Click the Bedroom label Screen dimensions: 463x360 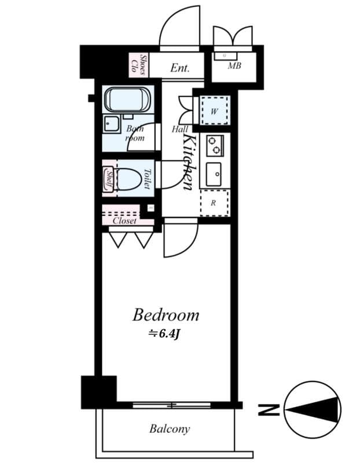(x=166, y=315)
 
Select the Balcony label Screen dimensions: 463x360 (x=169, y=429)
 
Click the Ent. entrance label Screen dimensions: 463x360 (x=179, y=68)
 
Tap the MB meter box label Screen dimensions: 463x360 (x=234, y=66)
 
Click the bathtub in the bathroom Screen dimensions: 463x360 (x=127, y=100)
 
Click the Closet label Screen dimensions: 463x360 (x=125, y=221)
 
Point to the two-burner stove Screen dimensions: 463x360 (x=215, y=145)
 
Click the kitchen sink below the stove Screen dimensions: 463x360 (x=214, y=172)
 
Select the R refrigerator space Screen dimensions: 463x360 (x=214, y=203)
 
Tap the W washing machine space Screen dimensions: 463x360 (x=214, y=110)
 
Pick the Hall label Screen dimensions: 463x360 (x=179, y=130)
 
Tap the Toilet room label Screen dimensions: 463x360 (x=147, y=179)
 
